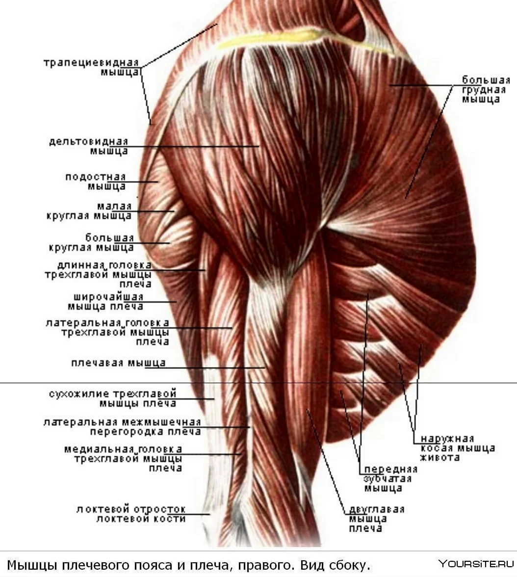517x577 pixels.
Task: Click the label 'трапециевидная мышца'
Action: tap(92, 67)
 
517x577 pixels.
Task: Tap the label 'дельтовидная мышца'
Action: tap(89, 146)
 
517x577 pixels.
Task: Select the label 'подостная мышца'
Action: tap(96, 182)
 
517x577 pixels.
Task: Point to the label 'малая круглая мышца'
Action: tap(89, 211)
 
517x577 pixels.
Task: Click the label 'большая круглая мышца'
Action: tap(91, 242)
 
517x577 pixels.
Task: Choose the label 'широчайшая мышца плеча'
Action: tap(105, 302)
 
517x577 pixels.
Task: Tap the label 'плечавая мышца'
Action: tap(119, 363)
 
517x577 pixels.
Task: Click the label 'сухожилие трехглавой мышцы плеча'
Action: tap(113, 398)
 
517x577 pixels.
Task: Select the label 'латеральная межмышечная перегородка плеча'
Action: tap(122, 427)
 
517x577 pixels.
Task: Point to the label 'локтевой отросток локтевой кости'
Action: tap(131, 514)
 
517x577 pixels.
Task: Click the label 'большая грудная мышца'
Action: tap(486, 90)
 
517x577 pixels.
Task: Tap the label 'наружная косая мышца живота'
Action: tap(458, 448)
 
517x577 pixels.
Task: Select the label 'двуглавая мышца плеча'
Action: tap(377, 519)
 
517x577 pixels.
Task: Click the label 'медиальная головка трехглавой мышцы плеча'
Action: tap(123, 458)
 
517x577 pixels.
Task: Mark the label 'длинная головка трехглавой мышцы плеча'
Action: tap(98, 275)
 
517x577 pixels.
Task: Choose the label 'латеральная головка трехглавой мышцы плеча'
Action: tap(107, 332)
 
